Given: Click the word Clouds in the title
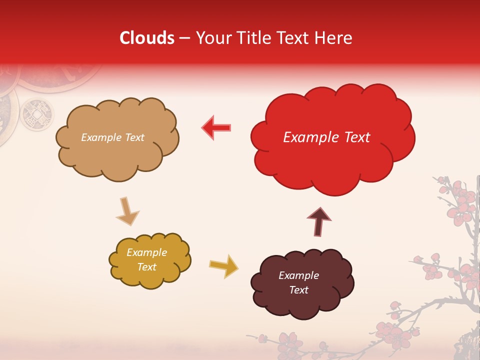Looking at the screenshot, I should coord(147,38).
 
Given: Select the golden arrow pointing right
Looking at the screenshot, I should coord(223,265).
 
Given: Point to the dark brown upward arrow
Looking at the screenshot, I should coord(318,221).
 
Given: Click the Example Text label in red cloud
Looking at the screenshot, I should coord(326,137).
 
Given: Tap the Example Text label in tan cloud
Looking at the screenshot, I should coord(112,137).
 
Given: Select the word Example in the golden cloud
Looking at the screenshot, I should coord(146,252).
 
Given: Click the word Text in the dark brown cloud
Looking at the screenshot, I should coord(298,290).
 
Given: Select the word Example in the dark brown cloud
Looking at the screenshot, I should coord(298,275).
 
